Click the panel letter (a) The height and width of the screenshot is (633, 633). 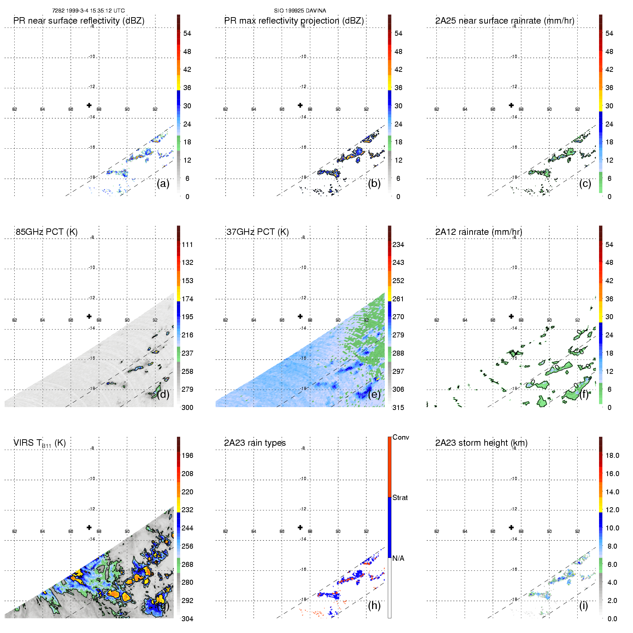pos(163,184)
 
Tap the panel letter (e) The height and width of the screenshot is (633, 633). pos(374,395)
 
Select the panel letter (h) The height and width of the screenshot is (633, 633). pos(374,605)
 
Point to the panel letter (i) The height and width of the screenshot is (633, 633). pos(583,605)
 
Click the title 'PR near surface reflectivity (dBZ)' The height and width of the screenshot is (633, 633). pos(79,21)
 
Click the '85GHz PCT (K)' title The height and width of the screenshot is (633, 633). pos(46,232)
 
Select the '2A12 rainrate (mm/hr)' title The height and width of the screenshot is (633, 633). pos(479,232)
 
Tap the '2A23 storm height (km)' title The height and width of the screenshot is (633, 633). pos(481,443)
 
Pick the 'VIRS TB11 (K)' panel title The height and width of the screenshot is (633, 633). pos(39,443)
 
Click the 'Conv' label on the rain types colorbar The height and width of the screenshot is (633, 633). pos(401,437)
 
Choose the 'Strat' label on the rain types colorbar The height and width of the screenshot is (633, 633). pos(400,498)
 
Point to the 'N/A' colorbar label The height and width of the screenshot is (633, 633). pos(399,558)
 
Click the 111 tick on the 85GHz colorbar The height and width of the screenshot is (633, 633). pos(187,244)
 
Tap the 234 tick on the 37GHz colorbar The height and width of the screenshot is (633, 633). pos(398,244)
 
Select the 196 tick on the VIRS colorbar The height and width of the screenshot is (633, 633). pos(187,455)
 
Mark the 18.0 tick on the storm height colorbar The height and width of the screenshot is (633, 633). pos(612,455)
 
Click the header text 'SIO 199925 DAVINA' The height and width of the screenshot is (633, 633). pos(300,11)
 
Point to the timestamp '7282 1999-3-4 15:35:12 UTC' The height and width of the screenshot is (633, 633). pos(88,11)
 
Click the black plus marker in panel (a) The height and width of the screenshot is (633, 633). pos(89,105)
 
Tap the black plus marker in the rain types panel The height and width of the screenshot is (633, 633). pos(300,527)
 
